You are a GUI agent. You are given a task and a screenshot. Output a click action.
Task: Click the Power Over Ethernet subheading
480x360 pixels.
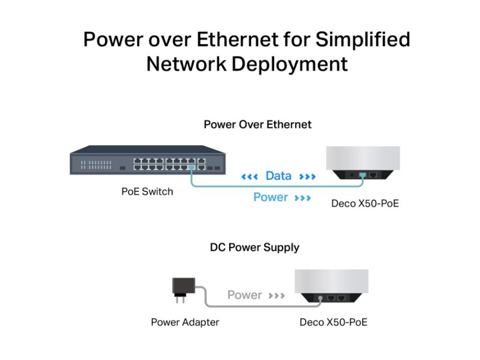257,125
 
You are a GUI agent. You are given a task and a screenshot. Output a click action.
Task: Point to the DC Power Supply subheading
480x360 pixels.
255,247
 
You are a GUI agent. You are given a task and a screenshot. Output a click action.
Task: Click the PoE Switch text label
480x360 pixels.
147,191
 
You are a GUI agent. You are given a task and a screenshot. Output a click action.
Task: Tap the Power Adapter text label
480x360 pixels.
185,322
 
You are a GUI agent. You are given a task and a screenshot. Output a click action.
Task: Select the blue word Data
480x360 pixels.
278,176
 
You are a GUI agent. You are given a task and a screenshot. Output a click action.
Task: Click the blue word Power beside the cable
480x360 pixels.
270,197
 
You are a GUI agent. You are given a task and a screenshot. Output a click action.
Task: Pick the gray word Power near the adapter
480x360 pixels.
244,295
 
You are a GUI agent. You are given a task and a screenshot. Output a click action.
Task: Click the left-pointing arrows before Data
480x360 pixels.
249,177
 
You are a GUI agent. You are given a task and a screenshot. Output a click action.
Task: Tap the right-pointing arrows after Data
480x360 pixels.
307,177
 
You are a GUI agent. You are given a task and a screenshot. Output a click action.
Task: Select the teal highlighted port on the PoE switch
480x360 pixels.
191,167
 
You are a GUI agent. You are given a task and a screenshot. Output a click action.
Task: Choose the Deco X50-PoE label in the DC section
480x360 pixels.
333,322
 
